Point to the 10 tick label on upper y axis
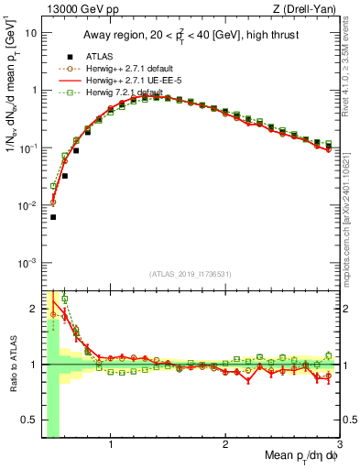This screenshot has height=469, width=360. pos(29,32)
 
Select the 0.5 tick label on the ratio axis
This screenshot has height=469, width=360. pos(29,422)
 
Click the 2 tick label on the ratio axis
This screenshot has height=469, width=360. pos(33,307)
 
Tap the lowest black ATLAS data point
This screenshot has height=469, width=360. pos(53,217)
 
